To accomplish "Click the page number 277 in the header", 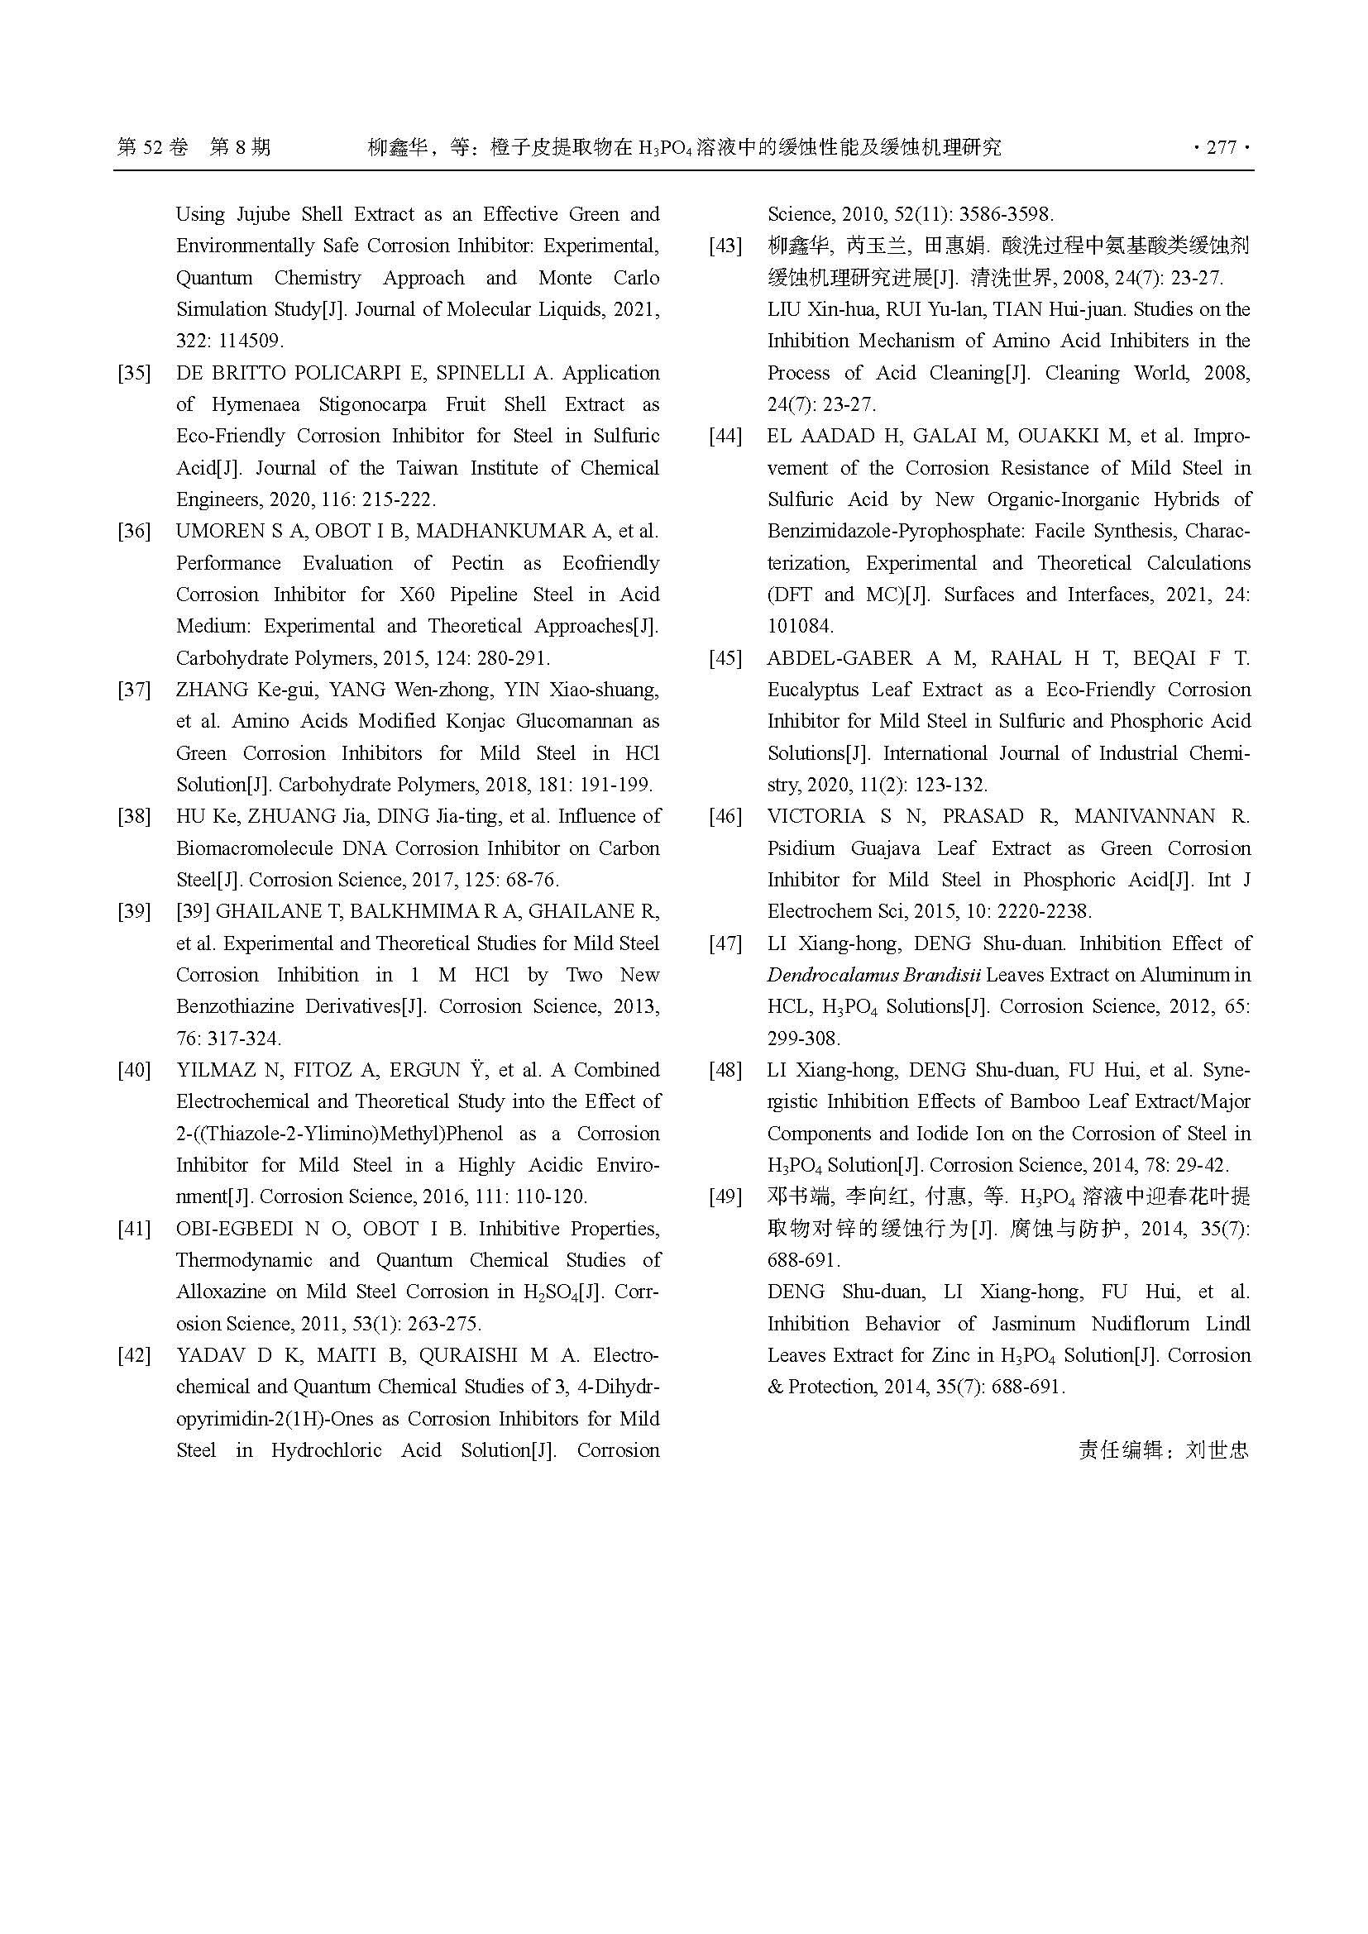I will click(x=1222, y=148).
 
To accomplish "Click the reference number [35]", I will click(x=135, y=373).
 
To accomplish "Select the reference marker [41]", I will click(x=135, y=1229).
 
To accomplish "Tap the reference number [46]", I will click(x=726, y=816).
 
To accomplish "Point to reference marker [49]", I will click(x=726, y=1197).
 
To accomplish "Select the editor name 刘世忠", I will click(x=1217, y=1450).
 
